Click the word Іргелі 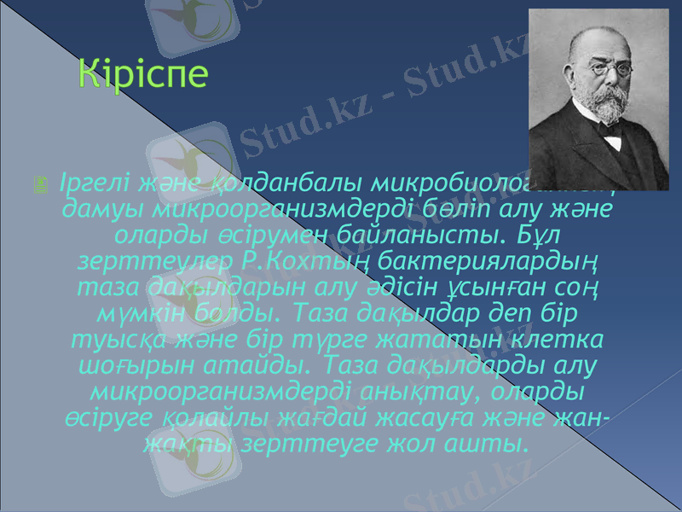pos(86,183)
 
